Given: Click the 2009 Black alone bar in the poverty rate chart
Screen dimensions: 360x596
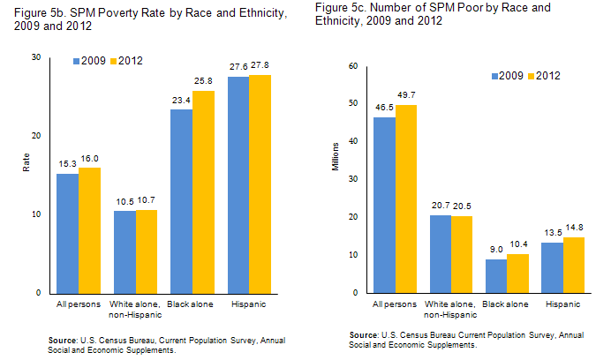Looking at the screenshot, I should [x=181, y=201].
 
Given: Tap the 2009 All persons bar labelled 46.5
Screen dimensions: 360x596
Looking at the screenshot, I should [x=384, y=205].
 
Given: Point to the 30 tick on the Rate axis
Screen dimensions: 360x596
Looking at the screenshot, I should [x=36, y=57].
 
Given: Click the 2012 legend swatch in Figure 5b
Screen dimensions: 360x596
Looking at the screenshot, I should [x=114, y=60].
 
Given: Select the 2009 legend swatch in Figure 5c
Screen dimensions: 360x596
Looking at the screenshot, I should [x=496, y=77].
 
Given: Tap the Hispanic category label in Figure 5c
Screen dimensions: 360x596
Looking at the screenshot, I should [x=563, y=304].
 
